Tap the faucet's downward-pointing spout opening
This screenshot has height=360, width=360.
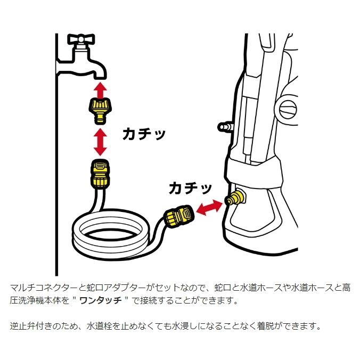[99, 74]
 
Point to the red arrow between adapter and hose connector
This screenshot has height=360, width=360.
[99, 140]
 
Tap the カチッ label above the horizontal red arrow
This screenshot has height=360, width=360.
[190, 187]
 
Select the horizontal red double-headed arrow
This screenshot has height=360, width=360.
[209, 208]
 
